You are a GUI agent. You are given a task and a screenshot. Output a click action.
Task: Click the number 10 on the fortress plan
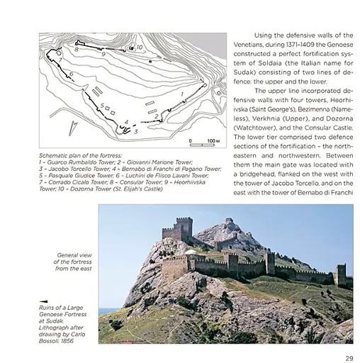pos(139,48)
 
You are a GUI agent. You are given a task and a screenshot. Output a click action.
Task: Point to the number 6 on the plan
pos(72,74)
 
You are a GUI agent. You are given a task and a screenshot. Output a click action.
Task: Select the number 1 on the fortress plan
pos(184,93)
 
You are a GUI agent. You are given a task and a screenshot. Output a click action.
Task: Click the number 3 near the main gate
pos(135,131)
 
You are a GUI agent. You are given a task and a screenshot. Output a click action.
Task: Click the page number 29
pos(349,357)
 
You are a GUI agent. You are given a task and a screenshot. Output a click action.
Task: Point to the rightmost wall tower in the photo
pos(342,274)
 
